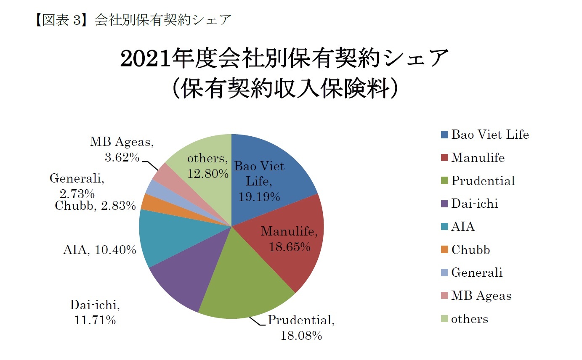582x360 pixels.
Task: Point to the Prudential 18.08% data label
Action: pyautogui.click(x=301, y=328)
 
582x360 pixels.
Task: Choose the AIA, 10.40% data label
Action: pyautogui.click(x=99, y=250)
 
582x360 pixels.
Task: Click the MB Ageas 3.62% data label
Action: pyautogui.click(x=122, y=150)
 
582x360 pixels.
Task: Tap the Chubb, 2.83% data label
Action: pyautogui.click(x=95, y=206)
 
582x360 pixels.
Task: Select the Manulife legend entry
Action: pyautogui.click(x=478, y=158)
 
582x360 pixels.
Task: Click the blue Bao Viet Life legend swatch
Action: pyautogui.click(x=445, y=135)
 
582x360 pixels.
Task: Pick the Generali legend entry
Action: pyautogui.click(x=477, y=273)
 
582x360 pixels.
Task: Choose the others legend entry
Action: pyautogui.click(x=470, y=319)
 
